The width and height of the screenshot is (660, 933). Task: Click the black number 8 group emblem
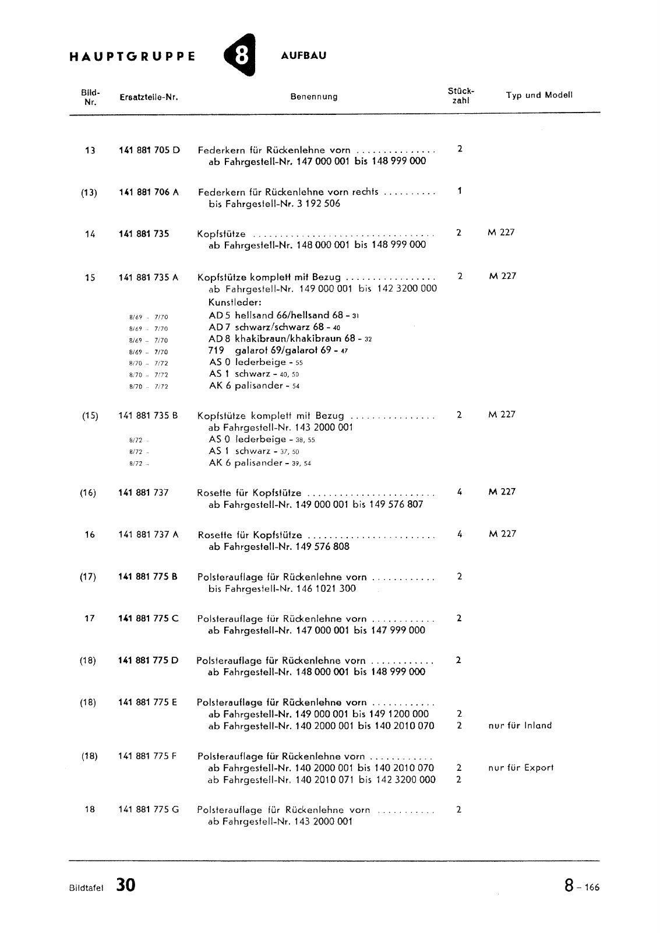(239, 57)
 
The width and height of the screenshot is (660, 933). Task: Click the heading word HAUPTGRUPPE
(132, 57)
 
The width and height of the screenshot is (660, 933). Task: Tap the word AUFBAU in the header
(303, 56)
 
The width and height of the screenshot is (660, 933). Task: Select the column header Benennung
(314, 97)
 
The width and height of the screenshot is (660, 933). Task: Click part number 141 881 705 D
(149, 150)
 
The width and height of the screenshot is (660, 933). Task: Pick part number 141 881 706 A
(149, 192)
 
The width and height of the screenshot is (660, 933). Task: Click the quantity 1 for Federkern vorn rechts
(460, 191)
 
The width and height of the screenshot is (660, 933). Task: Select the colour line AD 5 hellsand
(284, 315)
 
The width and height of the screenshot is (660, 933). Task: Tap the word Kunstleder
(235, 302)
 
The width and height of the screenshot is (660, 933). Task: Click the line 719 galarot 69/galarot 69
(278, 350)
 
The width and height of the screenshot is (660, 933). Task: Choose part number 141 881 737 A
(149, 535)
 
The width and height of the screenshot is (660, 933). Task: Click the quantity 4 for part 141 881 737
(460, 492)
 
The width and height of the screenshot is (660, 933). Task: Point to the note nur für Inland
(520, 725)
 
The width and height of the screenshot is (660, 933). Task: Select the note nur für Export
(521, 767)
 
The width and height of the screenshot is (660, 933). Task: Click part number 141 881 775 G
(149, 809)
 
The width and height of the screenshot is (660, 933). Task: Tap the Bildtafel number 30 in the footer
(125, 885)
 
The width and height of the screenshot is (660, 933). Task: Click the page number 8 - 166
(581, 886)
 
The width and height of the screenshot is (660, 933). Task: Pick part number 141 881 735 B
(148, 416)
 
